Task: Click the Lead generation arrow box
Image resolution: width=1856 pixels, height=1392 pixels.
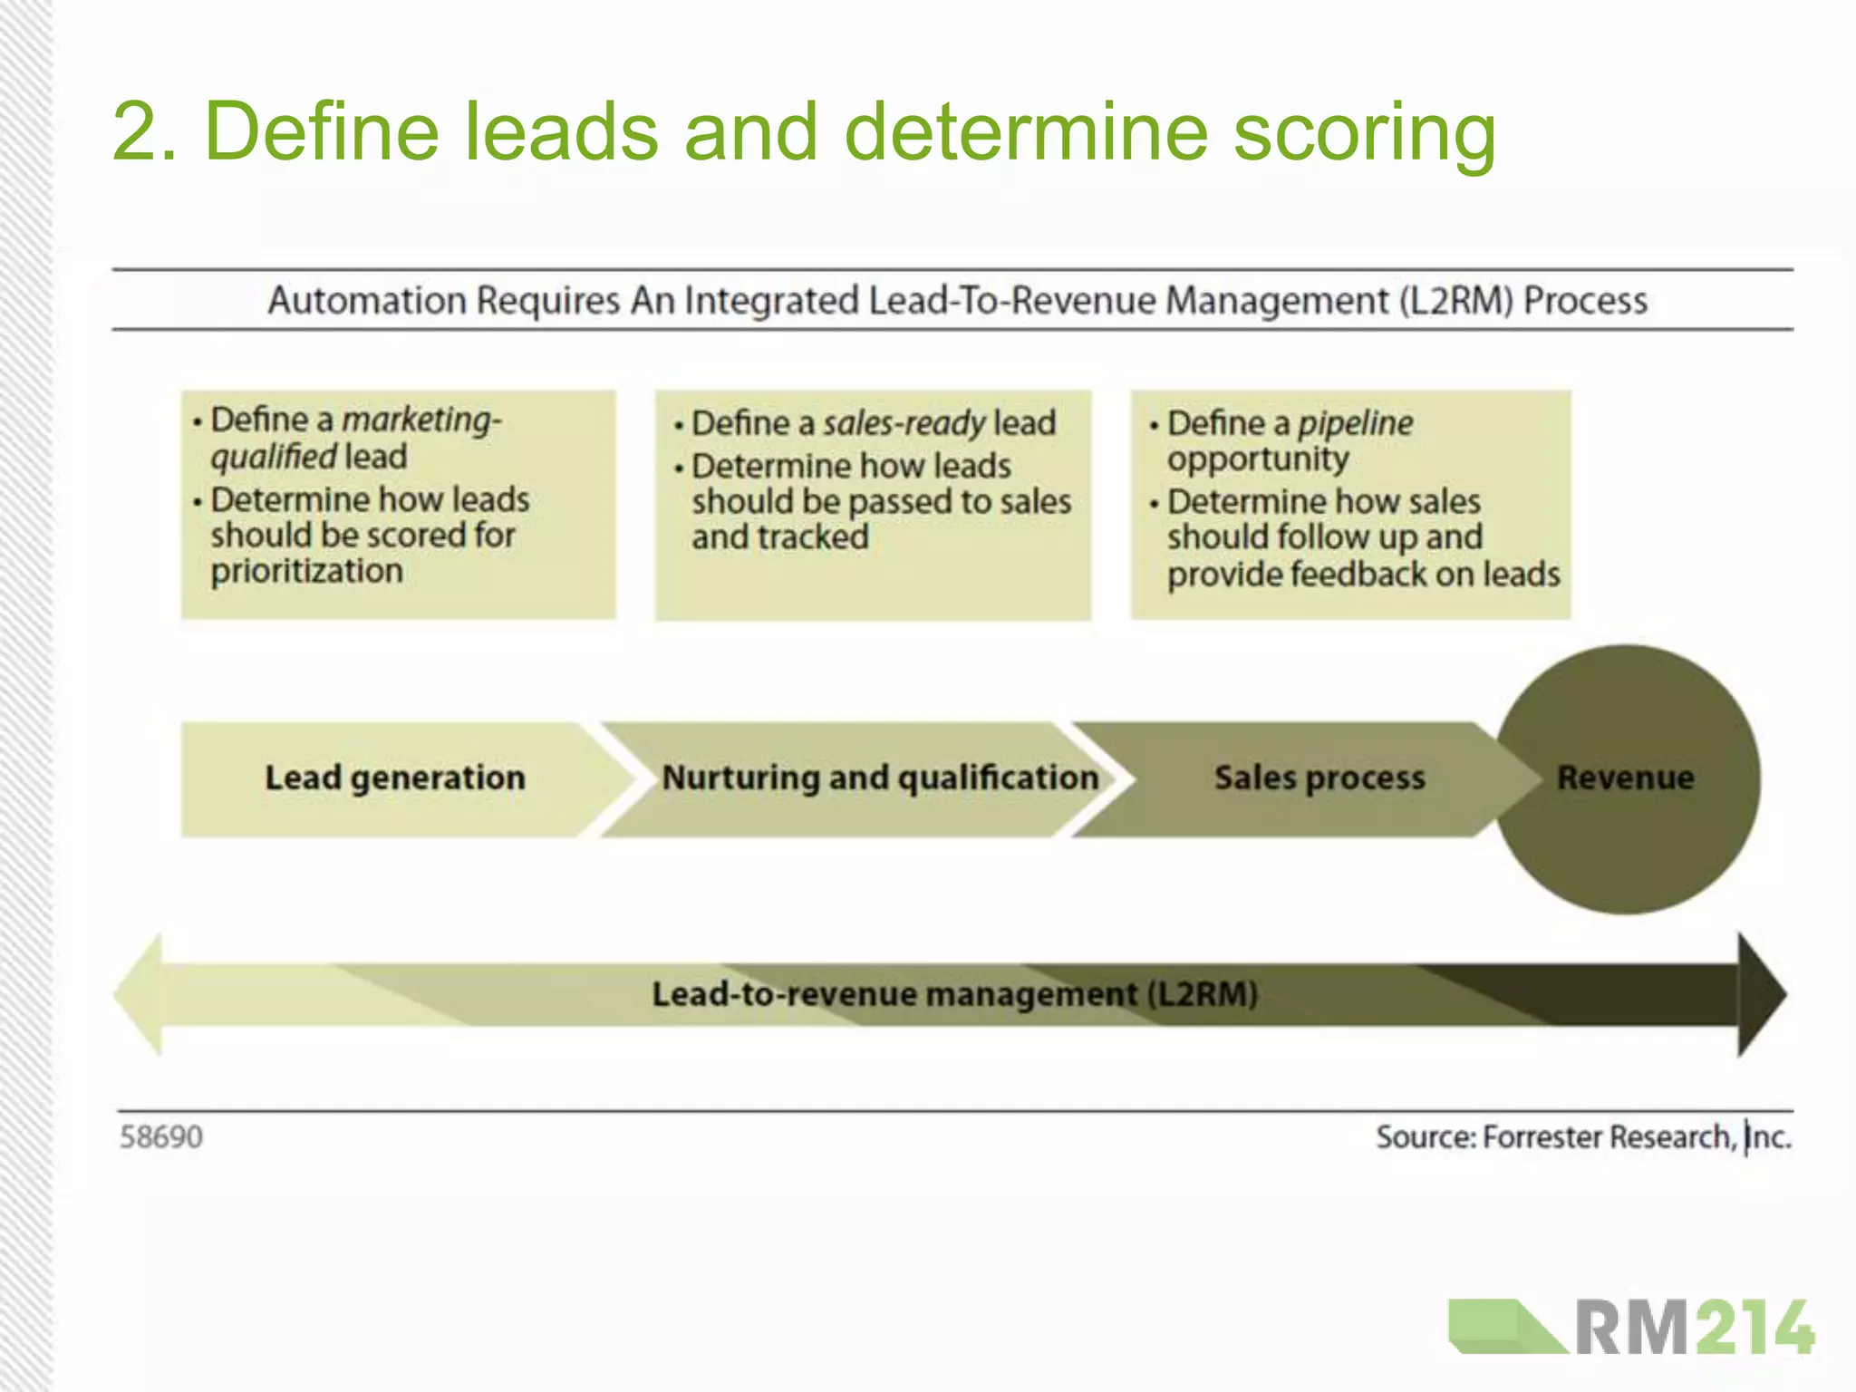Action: pos(394,778)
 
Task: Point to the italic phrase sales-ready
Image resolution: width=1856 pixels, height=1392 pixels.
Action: pos(904,423)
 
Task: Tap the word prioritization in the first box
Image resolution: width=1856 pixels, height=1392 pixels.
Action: pos(306,572)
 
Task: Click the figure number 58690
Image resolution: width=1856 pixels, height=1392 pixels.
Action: pos(161,1136)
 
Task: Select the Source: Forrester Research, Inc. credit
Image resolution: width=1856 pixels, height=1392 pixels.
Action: pos(1583,1136)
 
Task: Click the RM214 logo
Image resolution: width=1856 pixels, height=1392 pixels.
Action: pos(1631,1328)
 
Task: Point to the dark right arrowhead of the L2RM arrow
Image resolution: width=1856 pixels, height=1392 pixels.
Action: pos(1760,994)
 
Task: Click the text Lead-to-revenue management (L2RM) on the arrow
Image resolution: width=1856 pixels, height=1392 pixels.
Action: pos(954,994)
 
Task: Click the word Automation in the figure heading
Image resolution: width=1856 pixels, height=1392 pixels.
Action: pos(367,300)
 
